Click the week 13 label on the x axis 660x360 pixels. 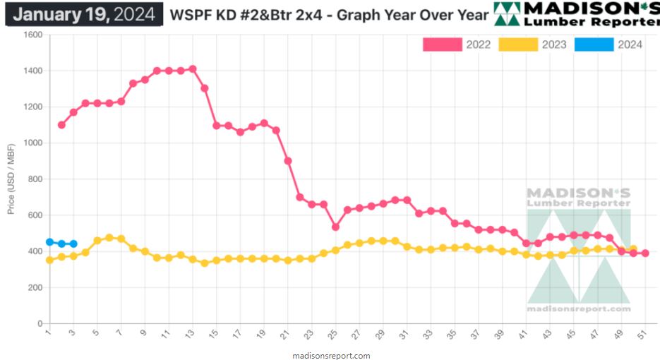pyautogui.click(x=191, y=334)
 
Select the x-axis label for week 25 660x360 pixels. pyautogui.click(x=335, y=334)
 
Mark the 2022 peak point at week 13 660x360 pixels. pyautogui.click(x=192, y=69)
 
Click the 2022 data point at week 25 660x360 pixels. pyautogui.click(x=335, y=227)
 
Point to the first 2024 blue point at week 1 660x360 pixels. pyautogui.click(x=49, y=242)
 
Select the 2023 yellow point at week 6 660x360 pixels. pyautogui.click(x=109, y=238)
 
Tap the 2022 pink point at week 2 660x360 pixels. pyautogui.click(x=61, y=125)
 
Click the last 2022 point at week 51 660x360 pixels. pyautogui.click(x=645, y=253)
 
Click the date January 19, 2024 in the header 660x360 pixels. pyautogui.click(x=84, y=14)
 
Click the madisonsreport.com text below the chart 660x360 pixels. pyautogui.click(x=331, y=356)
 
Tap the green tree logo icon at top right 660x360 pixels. pyautogui.click(x=506, y=14)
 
